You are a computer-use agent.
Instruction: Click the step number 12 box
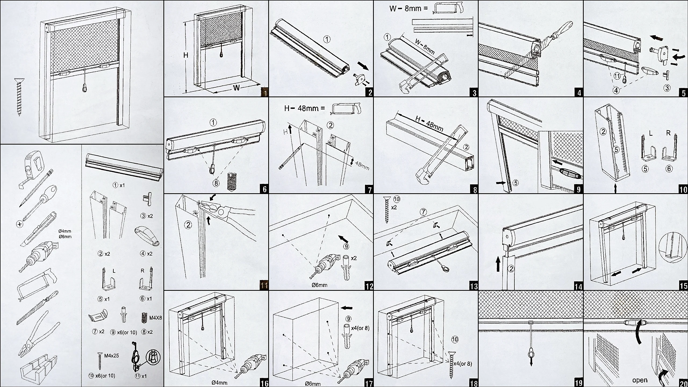(x=369, y=286)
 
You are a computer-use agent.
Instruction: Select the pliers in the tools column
(x=38, y=335)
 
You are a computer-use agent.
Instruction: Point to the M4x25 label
(x=111, y=356)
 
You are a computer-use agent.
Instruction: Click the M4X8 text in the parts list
(x=155, y=318)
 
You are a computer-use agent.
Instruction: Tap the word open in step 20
(x=640, y=380)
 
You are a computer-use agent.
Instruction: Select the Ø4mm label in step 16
(x=219, y=382)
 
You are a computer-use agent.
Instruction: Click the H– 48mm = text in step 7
(x=304, y=108)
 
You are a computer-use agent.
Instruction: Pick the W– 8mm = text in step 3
(x=408, y=9)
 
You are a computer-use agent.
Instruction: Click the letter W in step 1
(x=236, y=88)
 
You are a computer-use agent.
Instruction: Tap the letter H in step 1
(x=186, y=55)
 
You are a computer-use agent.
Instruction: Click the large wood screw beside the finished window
(x=19, y=97)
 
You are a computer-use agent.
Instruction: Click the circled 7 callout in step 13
(x=423, y=212)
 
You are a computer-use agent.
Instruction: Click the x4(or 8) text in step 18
(x=463, y=364)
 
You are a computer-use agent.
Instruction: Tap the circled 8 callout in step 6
(x=216, y=183)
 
